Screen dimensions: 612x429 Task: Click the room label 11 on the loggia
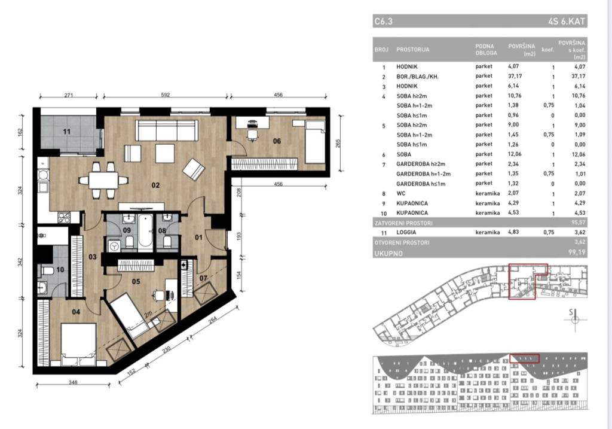(x=67, y=132)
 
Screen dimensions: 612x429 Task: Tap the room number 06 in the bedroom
(x=277, y=141)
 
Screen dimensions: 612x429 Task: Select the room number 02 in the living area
(x=156, y=185)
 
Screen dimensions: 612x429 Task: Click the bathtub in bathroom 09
(x=145, y=232)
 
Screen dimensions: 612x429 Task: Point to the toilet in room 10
(x=46, y=270)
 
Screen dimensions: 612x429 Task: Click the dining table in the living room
(x=103, y=181)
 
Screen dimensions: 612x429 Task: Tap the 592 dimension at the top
(x=165, y=95)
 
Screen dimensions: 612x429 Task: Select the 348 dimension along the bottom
(x=73, y=382)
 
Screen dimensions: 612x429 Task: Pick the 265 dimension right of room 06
(x=338, y=144)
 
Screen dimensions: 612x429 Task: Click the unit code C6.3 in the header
(x=383, y=21)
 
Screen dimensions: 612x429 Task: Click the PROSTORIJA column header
(x=412, y=50)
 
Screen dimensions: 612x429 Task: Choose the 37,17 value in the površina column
(x=515, y=76)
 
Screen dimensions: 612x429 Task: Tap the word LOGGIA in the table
(x=406, y=233)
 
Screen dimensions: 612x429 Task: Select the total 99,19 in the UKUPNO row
(x=577, y=252)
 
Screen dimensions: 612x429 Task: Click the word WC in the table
(x=401, y=193)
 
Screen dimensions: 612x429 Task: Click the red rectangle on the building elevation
(x=525, y=358)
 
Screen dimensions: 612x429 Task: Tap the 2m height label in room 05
(x=148, y=315)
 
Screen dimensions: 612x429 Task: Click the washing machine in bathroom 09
(x=114, y=246)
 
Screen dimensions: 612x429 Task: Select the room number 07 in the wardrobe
(x=203, y=278)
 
